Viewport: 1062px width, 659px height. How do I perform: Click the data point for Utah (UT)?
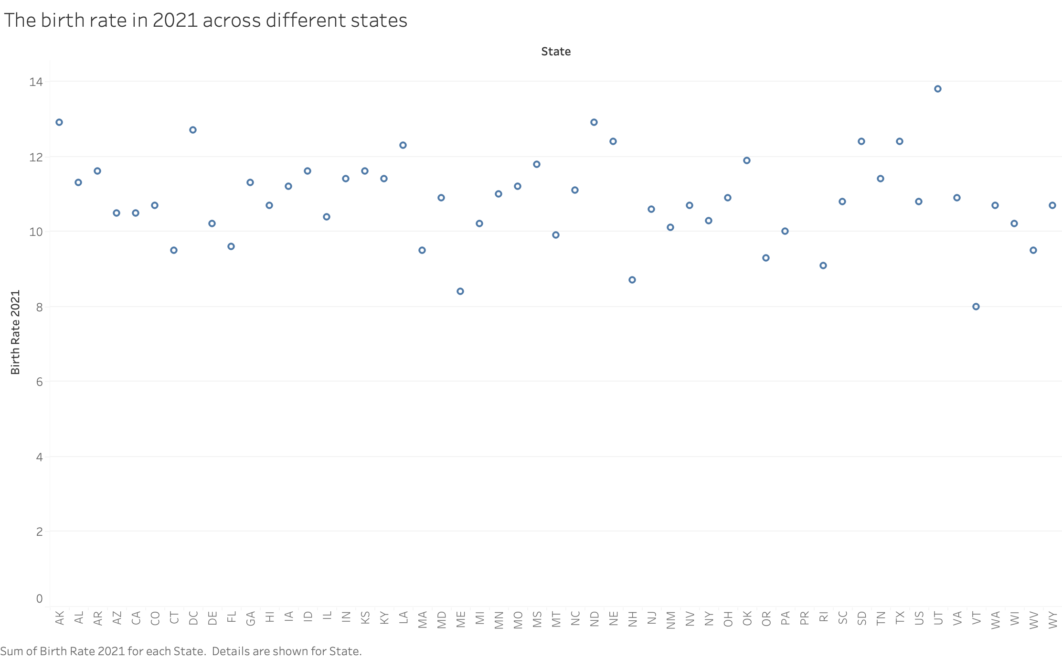937,89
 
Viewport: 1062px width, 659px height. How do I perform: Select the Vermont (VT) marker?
976,307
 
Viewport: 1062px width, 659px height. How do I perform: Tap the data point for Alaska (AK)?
59,122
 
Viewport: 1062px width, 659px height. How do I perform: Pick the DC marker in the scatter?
193,130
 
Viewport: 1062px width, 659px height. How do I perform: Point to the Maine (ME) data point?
460,291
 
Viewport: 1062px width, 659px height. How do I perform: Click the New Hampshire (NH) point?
632,280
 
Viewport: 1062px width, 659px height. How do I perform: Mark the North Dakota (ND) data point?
594,122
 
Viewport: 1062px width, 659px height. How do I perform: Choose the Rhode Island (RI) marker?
823,266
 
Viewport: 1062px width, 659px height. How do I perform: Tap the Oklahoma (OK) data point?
747,160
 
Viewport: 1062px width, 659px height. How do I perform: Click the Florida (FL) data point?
231,246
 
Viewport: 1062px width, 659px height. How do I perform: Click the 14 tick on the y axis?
36,82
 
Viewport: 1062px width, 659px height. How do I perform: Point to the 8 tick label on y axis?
39,307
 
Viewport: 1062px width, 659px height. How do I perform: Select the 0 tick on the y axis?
39,599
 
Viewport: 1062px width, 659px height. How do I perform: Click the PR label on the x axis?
805,618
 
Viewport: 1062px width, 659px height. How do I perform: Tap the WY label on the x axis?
1052,620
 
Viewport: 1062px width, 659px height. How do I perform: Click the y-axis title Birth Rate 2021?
15,332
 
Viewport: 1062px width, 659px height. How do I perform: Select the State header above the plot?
556,52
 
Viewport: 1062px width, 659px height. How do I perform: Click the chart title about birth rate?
205,21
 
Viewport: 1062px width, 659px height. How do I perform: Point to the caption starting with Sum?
181,651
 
